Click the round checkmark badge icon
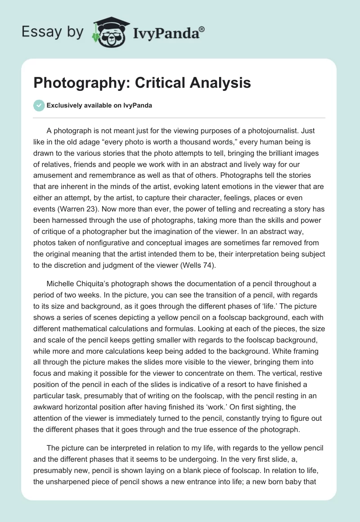[40, 105]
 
